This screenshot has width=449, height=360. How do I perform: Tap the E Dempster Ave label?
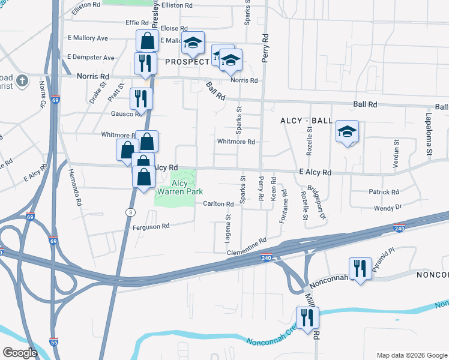click(91, 58)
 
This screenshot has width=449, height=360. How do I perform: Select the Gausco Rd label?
click(125, 113)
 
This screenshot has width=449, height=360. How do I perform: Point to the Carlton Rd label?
click(217, 204)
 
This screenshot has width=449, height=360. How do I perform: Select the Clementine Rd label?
click(246, 247)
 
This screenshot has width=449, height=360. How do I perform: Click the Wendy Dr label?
click(387, 207)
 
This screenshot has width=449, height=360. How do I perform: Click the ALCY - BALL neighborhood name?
click(306, 121)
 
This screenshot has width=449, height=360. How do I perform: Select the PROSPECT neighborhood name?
click(187, 61)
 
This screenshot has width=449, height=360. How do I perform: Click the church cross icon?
click(22, 80)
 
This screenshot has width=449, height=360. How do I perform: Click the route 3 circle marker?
click(130, 212)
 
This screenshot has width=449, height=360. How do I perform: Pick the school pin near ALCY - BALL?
click(347, 133)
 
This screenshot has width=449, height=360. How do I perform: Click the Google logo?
click(20, 352)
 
